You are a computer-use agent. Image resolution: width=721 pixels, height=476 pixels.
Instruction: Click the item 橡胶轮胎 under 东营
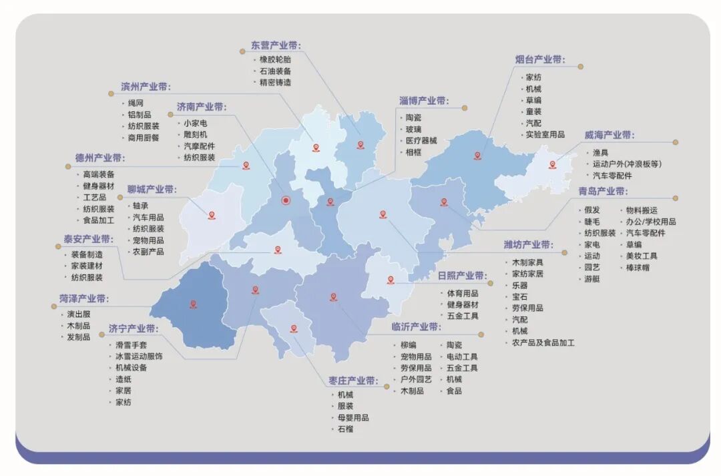275,59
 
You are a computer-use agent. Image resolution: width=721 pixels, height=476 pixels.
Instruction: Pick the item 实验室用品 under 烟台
545,134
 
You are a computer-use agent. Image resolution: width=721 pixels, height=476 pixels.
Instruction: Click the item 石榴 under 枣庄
345,429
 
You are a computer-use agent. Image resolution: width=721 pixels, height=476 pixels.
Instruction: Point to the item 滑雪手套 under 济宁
131,344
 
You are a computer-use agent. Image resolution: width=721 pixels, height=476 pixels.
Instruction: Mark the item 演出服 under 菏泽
78,314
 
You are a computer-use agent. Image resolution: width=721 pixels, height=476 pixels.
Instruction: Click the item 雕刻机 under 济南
196,134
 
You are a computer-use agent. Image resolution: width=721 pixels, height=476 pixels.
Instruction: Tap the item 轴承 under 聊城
140,206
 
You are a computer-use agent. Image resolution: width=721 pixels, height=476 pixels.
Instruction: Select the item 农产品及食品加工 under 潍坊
543,342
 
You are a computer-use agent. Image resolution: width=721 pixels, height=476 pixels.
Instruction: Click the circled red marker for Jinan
286,200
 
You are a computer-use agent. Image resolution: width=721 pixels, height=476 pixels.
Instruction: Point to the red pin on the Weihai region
552,164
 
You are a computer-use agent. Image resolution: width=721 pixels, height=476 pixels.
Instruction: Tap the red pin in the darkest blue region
193,304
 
